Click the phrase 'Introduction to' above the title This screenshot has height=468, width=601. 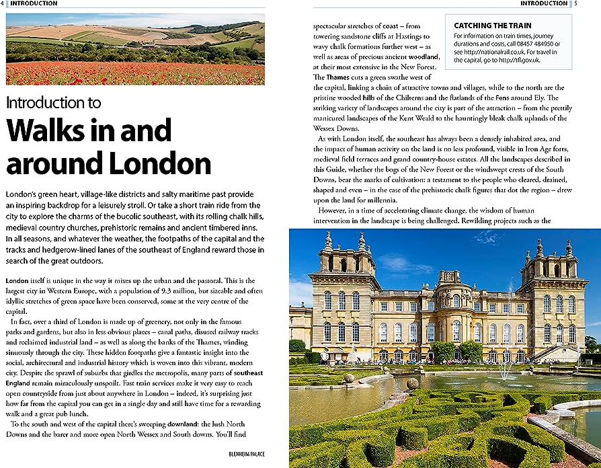(x=53, y=103)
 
